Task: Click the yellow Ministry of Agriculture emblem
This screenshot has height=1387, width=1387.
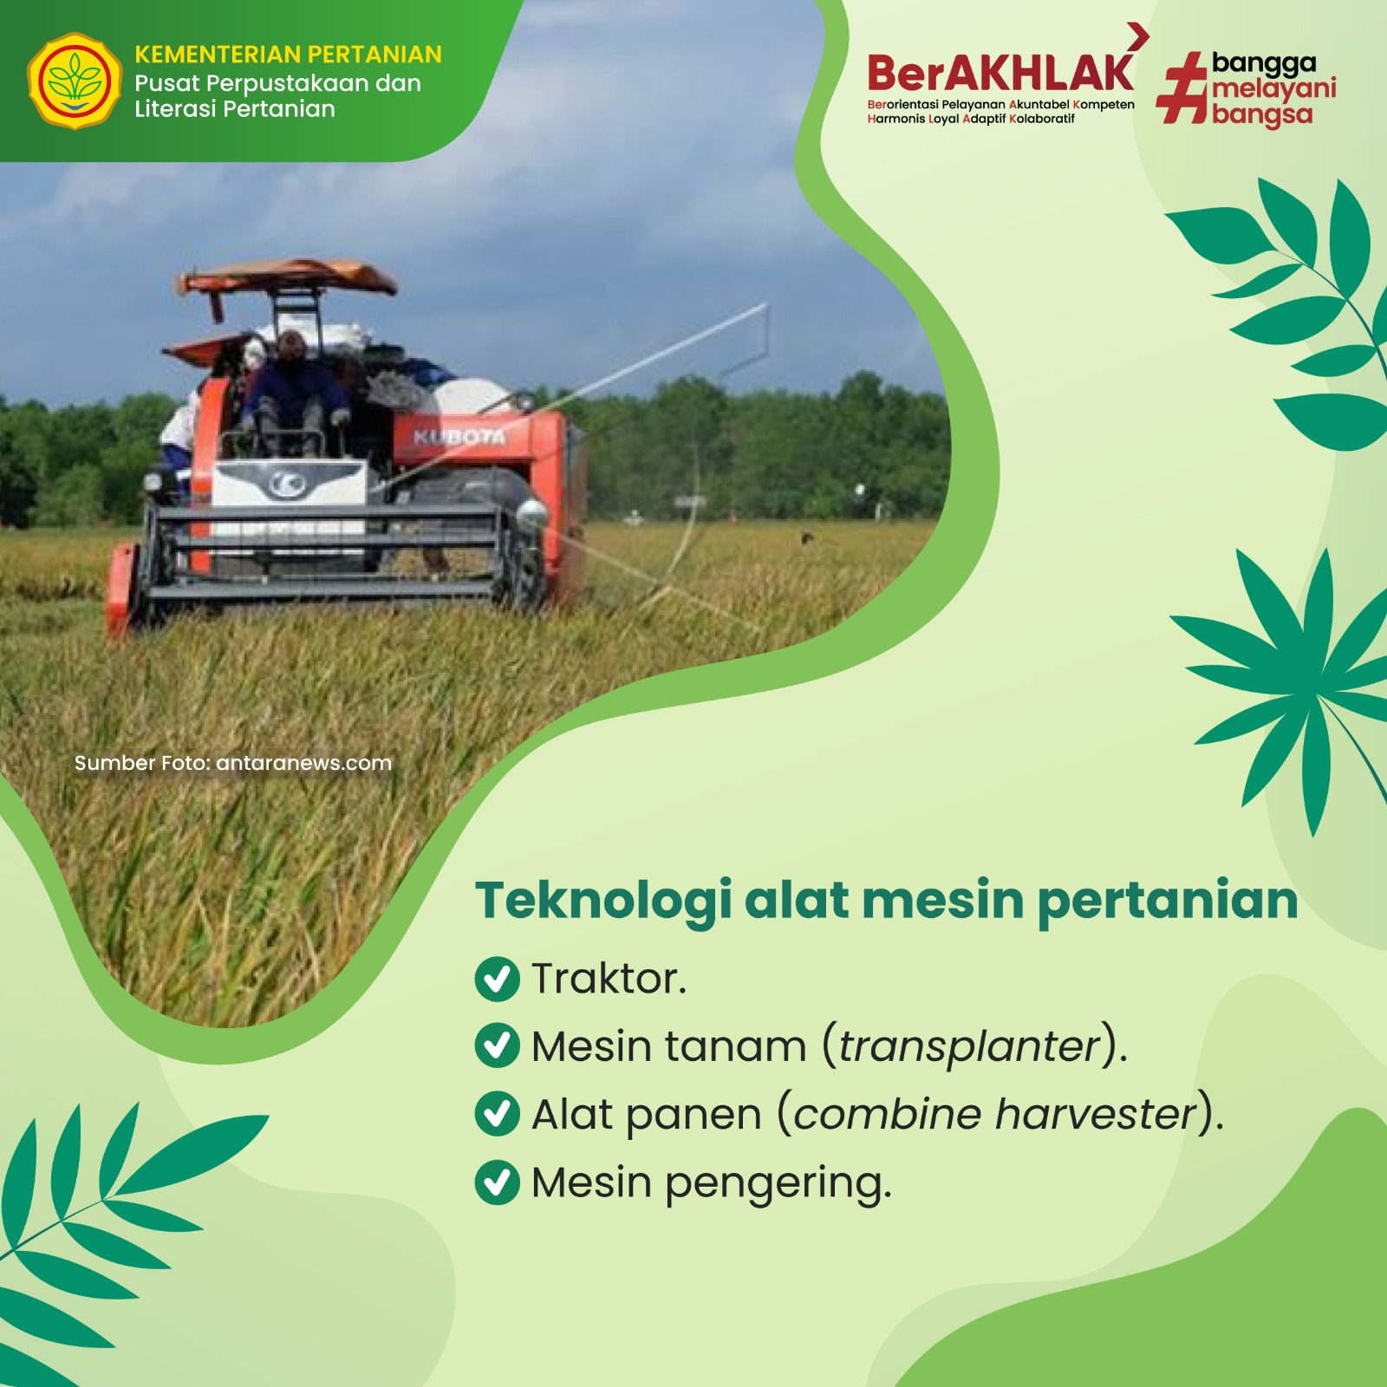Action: [75, 81]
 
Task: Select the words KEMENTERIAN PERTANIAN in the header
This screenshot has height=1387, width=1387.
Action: [288, 55]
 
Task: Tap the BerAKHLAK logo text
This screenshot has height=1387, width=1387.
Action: [1000, 73]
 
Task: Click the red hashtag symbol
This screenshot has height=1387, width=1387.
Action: [1182, 87]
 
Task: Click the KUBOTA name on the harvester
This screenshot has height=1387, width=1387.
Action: [459, 436]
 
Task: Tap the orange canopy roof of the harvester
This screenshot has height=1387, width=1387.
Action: [287, 276]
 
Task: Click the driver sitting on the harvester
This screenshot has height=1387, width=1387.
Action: [295, 390]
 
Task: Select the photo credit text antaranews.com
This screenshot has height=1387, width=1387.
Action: [303, 763]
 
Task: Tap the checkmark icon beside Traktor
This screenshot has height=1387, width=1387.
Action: [498, 979]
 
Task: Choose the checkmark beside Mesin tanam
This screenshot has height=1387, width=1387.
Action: [498, 1045]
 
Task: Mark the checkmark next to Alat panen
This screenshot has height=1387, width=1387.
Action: [498, 1114]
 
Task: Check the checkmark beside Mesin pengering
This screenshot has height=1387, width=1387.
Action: [498, 1182]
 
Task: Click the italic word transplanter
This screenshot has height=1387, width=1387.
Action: [969, 1047]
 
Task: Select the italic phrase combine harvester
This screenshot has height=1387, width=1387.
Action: [994, 1114]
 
